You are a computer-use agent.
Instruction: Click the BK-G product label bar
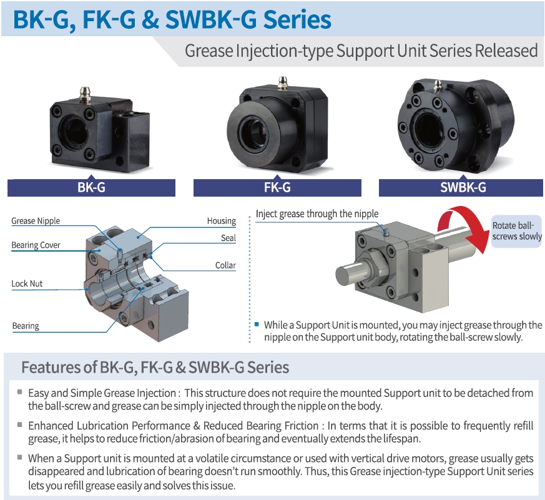pyautogui.click(x=91, y=188)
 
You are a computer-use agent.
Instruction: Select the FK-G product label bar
pyautogui.click(x=277, y=188)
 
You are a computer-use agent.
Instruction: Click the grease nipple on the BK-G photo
pyautogui.click(x=84, y=94)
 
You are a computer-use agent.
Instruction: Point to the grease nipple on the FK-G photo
pyautogui.click(x=283, y=83)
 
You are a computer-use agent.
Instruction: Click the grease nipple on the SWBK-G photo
pyautogui.click(x=438, y=86)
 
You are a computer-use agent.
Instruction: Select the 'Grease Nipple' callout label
pyautogui.click(x=36, y=221)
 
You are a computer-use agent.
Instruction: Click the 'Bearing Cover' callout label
pyautogui.click(x=36, y=245)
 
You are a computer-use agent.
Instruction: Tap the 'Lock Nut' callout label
pyautogui.click(x=27, y=283)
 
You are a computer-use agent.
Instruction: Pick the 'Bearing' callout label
pyautogui.click(x=26, y=326)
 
